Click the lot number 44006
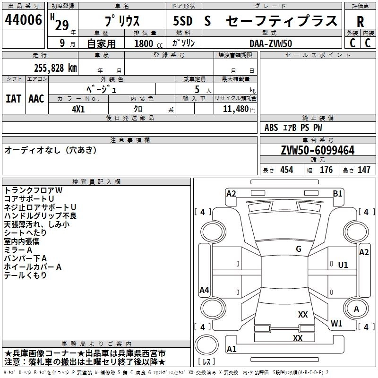(24, 21)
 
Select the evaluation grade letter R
(360, 22)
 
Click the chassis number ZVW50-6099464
(318, 151)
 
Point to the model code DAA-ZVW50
(270, 43)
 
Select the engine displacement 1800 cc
(144, 43)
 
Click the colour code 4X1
(78, 108)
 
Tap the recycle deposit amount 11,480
(235, 109)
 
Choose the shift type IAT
(13, 99)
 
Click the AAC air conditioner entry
(36, 99)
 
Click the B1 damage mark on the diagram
(337, 193)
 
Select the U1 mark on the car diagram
(343, 265)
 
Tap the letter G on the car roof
(298, 249)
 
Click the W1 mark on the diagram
(336, 324)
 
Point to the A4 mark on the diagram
(204, 290)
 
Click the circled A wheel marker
(357, 309)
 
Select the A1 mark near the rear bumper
(232, 349)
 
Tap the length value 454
(287, 170)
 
